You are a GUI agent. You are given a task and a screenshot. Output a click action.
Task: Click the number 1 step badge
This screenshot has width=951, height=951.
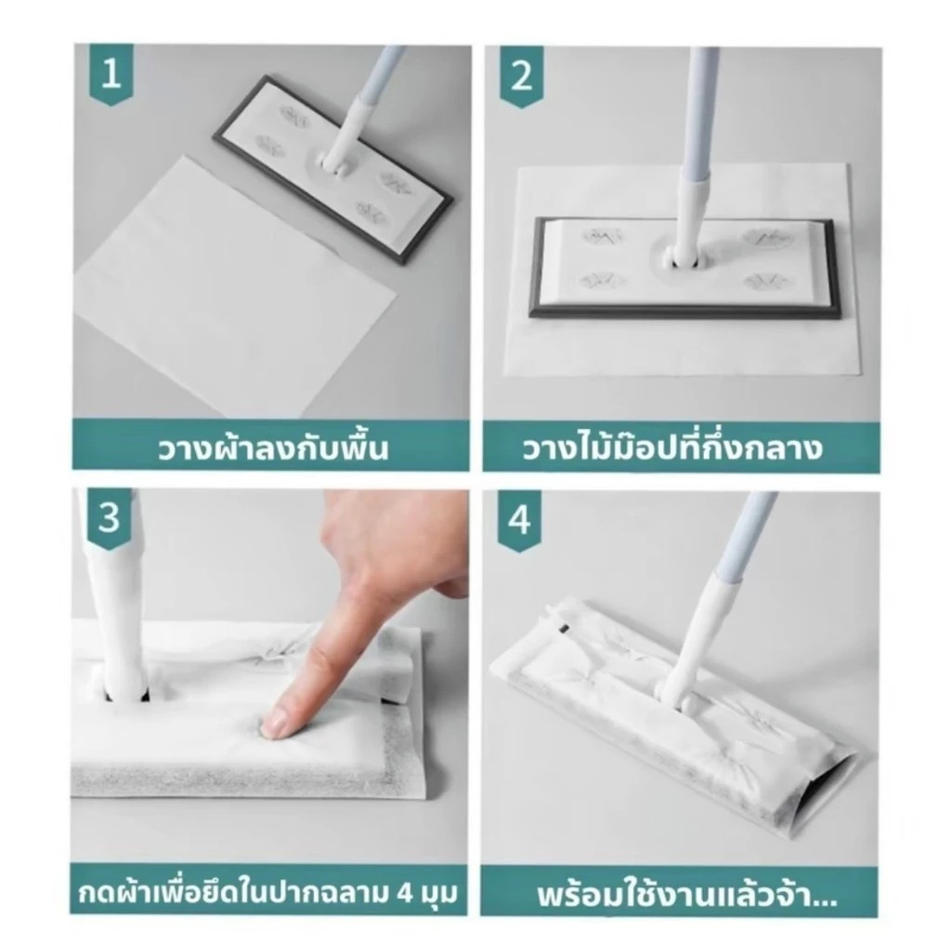(x=111, y=74)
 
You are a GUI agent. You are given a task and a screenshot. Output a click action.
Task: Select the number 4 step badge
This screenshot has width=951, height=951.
(x=519, y=521)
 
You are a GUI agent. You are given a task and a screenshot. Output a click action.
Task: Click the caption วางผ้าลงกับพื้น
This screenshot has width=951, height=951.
(x=271, y=449)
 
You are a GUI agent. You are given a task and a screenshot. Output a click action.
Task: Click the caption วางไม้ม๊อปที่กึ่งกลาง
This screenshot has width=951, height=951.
(x=671, y=449)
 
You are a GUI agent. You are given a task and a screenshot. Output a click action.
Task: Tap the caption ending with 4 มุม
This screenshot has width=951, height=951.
(x=269, y=893)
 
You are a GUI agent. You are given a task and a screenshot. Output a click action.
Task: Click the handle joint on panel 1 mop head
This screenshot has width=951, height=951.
(x=335, y=161)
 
